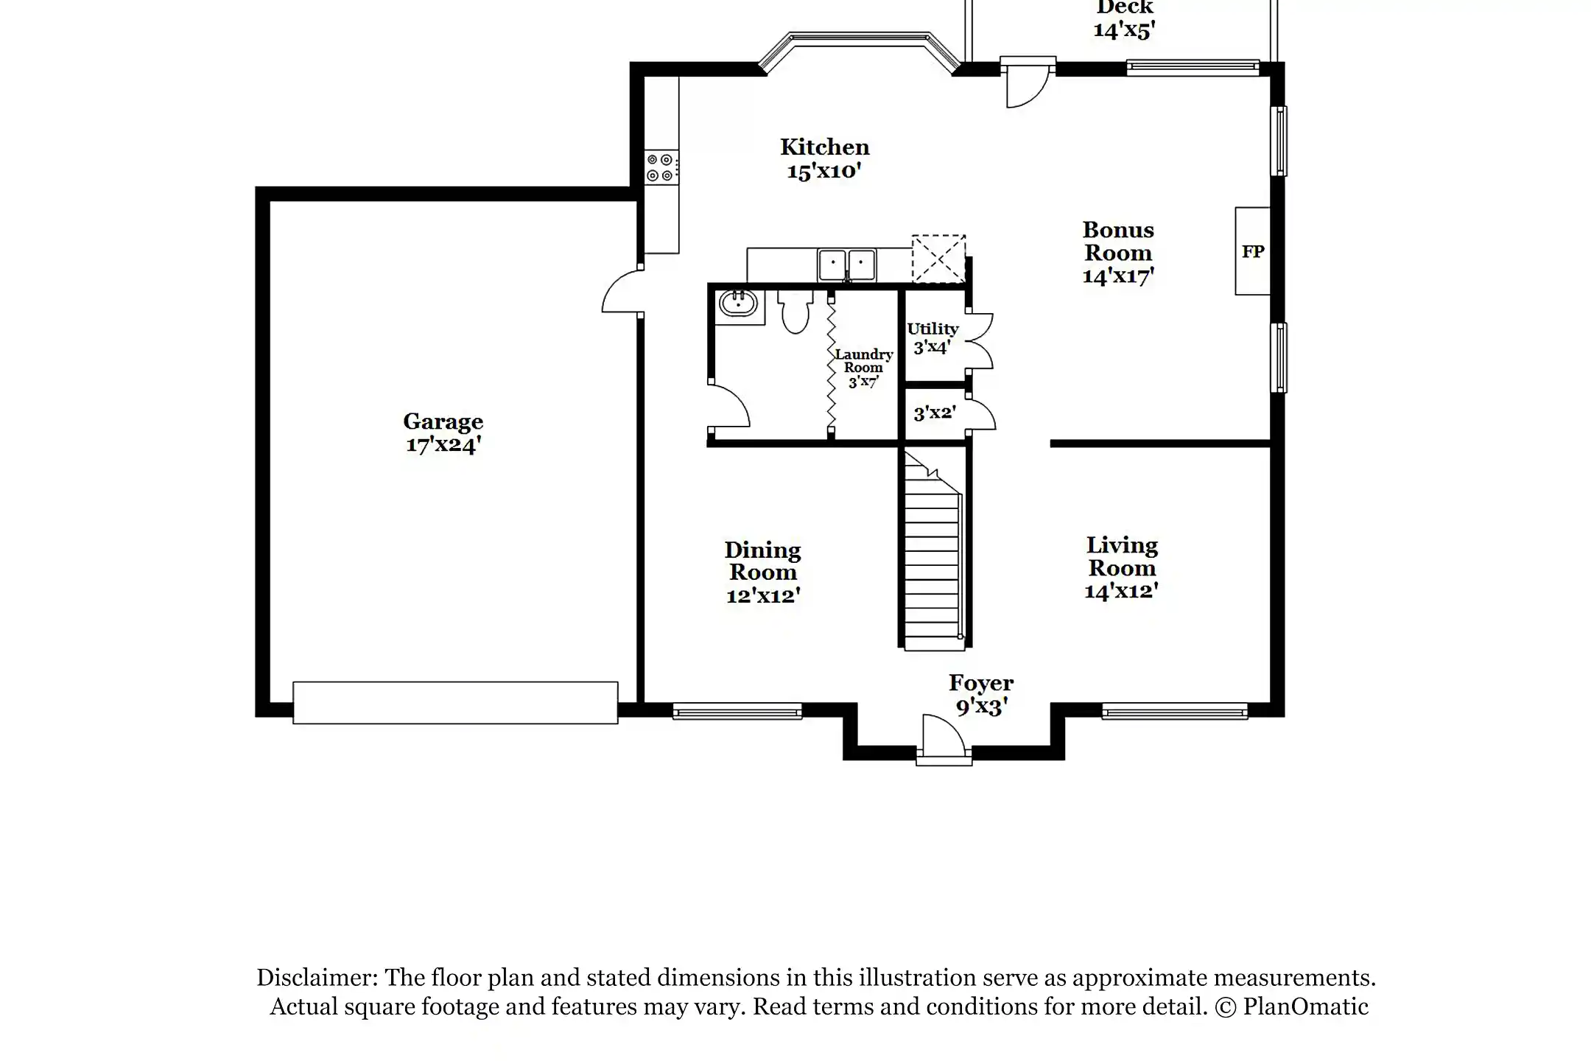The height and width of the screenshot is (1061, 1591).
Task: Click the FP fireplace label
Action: click(1253, 252)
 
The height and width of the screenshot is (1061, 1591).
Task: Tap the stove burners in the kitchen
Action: click(660, 167)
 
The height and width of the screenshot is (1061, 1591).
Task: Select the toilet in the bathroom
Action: click(795, 313)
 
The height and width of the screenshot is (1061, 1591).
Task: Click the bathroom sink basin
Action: click(737, 303)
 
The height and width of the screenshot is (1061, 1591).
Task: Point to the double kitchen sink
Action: click(846, 265)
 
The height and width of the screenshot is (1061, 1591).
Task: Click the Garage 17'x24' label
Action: click(443, 433)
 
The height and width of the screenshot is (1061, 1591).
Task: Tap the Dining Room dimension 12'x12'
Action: click(763, 596)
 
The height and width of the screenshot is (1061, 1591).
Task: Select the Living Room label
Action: click(1122, 557)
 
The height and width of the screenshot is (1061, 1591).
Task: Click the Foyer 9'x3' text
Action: click(981, 695)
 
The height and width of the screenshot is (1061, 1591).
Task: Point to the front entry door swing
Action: click(943, 735)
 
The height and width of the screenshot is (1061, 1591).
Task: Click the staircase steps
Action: click(933, 567)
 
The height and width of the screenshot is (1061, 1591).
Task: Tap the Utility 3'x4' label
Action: click(933, 338)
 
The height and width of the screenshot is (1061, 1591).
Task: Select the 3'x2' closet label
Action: click(935, 413)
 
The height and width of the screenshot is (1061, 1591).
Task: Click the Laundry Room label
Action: click(863, 368)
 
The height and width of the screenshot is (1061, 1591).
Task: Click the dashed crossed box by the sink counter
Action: click(938, 259)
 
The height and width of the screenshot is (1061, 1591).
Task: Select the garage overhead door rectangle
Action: click(455, 702)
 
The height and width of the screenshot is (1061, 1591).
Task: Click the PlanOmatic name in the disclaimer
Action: click(1305, 1006)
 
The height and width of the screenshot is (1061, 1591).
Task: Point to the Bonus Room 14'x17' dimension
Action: click(1117, 276)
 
